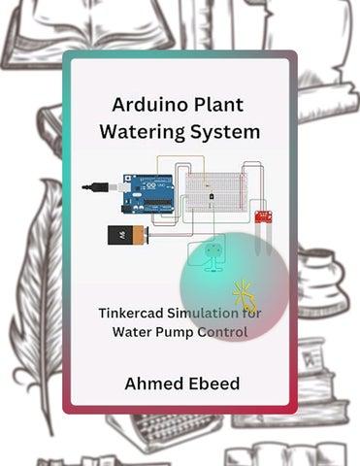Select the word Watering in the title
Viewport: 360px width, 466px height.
click(x=142, y=132)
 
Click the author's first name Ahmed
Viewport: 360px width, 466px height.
click(x=154, y=383)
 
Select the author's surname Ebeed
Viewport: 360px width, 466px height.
click(x=213, y=383)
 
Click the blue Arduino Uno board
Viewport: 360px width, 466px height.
click(x=147, y=193)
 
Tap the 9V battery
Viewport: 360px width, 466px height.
click(x=129, y=235)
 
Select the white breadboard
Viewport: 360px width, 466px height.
click(x=216, y=192)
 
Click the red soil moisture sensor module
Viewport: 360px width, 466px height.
click(x=264, y=216)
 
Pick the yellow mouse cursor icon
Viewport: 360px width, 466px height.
click(x=245, y=296)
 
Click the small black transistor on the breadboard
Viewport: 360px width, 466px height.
click(x=211, y=196)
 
